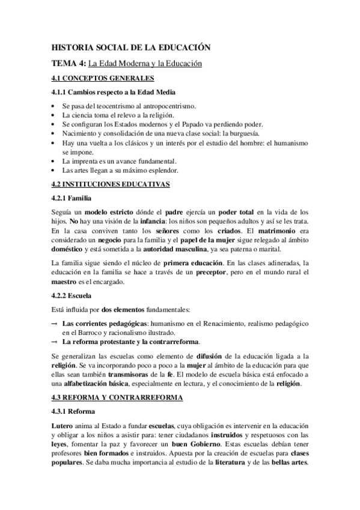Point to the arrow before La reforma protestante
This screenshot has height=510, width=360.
pyautogui.click(x=55, y=342)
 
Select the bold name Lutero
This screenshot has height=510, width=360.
pyautogui.click(x=61, y=426)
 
